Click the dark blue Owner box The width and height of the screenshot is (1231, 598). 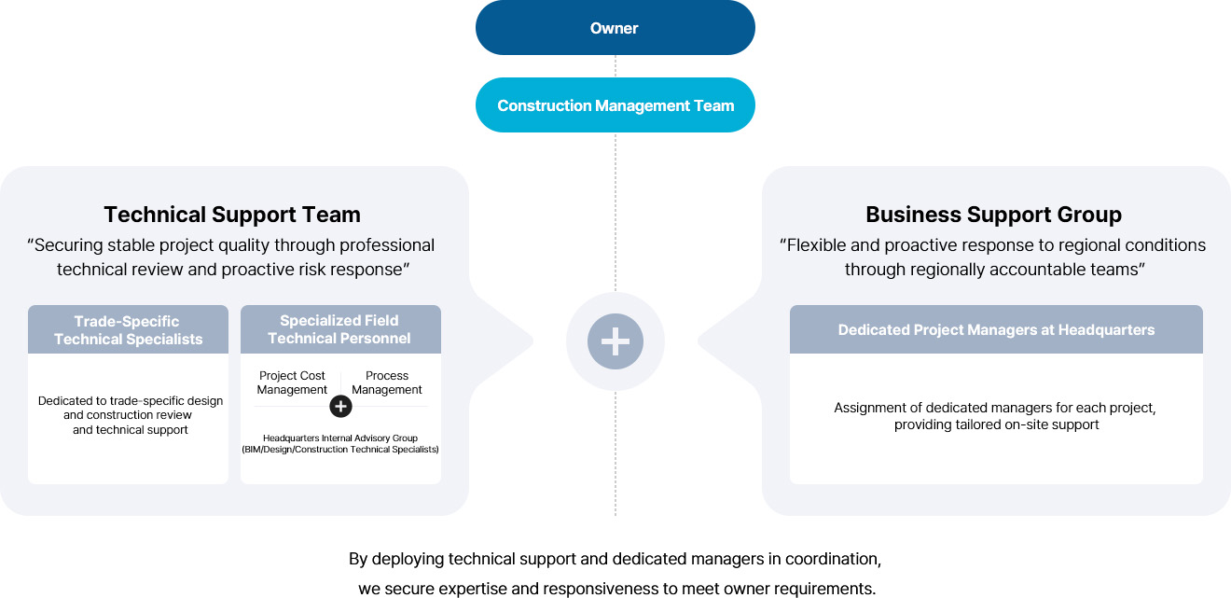(615, 28)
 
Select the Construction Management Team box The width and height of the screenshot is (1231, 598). (615, 105)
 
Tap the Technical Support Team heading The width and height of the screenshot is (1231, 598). (232, 215)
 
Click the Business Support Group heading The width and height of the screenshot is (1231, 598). (993, 215)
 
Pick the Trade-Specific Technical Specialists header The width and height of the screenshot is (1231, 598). (128, 330)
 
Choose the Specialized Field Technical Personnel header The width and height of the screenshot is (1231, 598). (339, 329)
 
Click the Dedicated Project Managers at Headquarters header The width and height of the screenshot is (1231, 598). (996, 330)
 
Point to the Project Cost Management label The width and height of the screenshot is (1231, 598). (292, 382)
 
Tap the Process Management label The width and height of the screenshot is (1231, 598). (387, 382)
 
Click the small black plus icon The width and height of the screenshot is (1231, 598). (340, 406)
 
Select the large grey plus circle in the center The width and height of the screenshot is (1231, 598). (615, 341)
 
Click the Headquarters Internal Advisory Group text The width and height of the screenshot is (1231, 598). (339, 438)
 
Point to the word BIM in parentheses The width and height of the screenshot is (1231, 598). (255, 450)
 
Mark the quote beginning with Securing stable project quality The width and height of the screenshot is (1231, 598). (232, 257)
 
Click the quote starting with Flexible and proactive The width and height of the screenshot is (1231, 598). (993, 257)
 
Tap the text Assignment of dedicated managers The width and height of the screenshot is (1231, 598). (995, 408)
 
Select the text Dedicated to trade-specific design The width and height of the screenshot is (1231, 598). (131, 401)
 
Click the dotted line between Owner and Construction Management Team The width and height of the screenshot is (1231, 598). (615, 66)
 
